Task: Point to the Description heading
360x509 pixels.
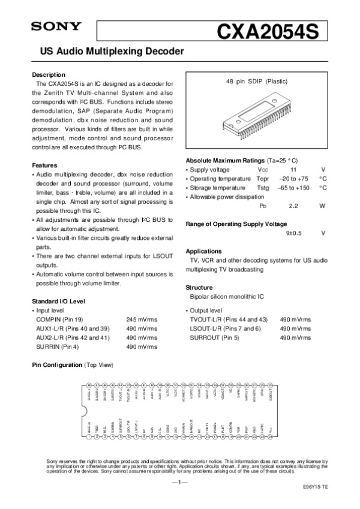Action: [x=49, y=74]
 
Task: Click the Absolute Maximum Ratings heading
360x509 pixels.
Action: [x=225, y=161]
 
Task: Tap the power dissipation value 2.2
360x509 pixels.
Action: [x=293, y=206]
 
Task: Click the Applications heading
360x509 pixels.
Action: [x=204, y=251]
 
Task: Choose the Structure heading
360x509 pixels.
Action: [x=199, y=287]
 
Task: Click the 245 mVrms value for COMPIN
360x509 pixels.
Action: [x=142, y=320]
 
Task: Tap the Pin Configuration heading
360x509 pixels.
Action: [x=58, y=365]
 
